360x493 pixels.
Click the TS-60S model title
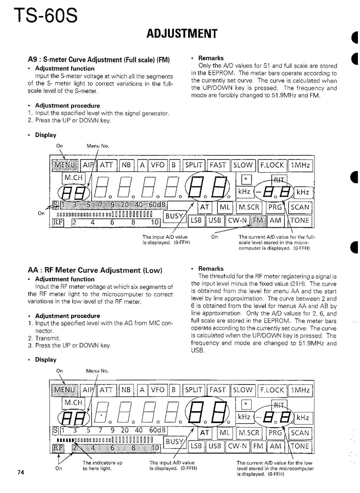[45, 17]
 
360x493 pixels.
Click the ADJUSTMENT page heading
[182, 34]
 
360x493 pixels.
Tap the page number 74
[21, 472]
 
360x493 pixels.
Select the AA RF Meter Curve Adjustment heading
[95, 270]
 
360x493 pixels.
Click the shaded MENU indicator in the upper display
[65, 165]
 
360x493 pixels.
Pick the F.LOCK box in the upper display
[272, 165]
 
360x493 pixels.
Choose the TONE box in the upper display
[300, 220]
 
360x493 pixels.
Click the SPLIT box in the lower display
[194, 390]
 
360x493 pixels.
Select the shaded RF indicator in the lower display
[58, 447]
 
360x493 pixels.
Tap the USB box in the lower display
[215, 446]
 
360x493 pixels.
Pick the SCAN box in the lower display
[300, 433]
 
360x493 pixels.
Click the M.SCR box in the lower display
[249, 433]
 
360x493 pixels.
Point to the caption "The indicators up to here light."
[102, 465]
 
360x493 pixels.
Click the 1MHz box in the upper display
[301, 165]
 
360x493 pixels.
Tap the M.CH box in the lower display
[73, 403]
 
